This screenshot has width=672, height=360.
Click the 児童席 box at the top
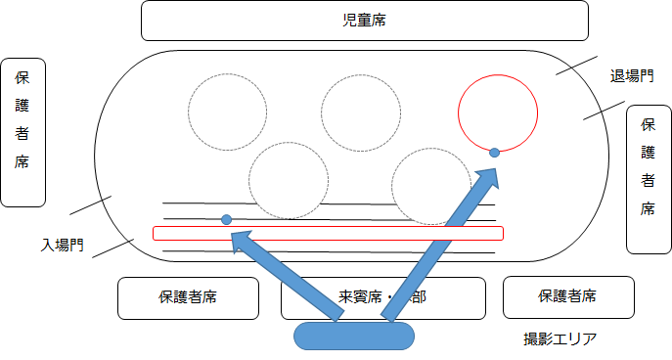(365, 21)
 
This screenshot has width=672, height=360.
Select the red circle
(498, 112)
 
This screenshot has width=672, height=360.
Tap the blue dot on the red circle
(495, 152)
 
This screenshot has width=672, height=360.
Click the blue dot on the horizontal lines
(226, 219)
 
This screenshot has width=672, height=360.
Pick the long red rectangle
(328, 233)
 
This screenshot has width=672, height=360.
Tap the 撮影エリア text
(560, 339)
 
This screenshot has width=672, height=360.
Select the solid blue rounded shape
(354, 336)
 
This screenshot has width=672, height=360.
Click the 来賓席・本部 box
(384, 297)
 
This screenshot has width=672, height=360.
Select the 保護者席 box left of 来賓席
(188, 297)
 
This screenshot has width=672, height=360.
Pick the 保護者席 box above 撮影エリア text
(568, 297)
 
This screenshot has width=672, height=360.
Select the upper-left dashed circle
(228, 112)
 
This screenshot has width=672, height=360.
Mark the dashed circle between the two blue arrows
(288, 182)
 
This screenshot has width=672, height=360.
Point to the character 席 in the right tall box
(648, 208)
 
